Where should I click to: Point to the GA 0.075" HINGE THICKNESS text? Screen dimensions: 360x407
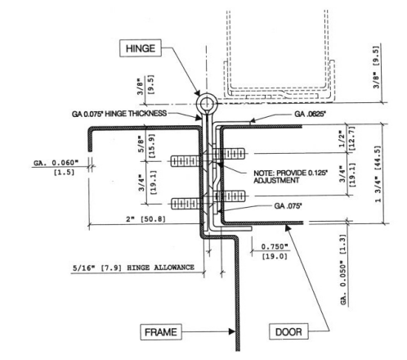click(x=131, y=114)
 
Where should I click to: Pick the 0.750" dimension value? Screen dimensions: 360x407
click(x=273, y=245)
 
